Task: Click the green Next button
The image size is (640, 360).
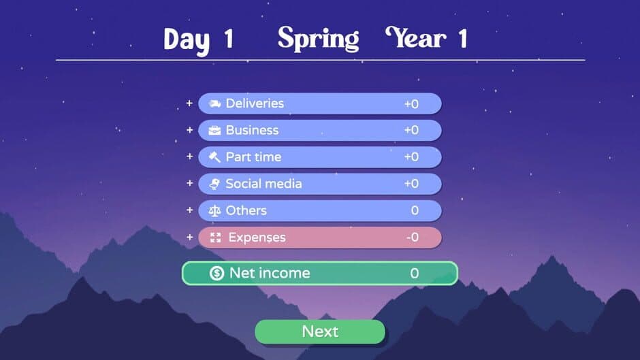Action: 320,331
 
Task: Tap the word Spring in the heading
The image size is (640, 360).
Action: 318,39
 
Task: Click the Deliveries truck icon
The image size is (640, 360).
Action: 215,103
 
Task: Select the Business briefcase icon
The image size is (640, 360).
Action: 215,130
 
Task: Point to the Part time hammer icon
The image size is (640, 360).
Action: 215,157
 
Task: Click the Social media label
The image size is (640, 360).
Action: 263,184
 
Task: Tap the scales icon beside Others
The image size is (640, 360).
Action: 215,211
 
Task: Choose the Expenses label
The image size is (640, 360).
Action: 257,238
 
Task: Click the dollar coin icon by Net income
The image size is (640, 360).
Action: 217,274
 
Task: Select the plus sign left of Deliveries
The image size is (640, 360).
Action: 189,103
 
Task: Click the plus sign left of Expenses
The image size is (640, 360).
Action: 189,238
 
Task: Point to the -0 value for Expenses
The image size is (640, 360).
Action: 411,238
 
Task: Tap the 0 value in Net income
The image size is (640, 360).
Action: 414,274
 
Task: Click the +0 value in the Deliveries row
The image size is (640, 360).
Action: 411,103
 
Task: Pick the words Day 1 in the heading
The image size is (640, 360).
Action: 198,39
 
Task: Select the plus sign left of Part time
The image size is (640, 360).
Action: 189,157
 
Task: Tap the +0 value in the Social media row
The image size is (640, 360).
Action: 411,184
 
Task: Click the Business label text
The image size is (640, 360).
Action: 252,130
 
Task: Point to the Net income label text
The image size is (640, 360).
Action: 270,274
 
